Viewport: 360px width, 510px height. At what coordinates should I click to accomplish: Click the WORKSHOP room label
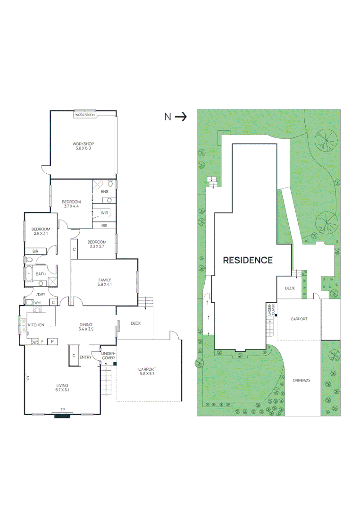point(83,144)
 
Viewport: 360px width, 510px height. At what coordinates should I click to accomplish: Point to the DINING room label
point(86,324)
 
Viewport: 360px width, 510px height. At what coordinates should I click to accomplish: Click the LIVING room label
point(62,386)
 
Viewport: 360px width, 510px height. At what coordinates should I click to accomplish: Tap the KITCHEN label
point(36,325)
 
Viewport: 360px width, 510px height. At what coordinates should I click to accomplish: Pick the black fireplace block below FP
point(62,416)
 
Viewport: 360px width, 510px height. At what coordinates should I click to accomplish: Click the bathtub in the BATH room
point(29,273)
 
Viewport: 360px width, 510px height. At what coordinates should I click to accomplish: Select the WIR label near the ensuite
point(104,213)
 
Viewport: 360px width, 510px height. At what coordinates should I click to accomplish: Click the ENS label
point(104,191)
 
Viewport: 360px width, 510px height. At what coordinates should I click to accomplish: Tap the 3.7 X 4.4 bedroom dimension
point(72,206)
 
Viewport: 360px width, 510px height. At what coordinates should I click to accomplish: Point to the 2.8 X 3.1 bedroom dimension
point(41,233)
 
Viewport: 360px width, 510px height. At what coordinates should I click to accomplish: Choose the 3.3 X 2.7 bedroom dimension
point(97,246)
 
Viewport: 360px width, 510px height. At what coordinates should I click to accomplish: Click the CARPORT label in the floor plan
point(147,370)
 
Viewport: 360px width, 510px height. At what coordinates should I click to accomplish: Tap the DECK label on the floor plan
point(135,323)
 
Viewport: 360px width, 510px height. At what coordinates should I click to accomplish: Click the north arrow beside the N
point(181,117)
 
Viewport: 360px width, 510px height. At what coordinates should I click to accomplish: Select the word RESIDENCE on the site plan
point(248,260)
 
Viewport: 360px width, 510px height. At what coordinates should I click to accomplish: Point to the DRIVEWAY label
point(301,380)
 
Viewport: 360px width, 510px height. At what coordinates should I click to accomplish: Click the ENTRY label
point(85,357)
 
